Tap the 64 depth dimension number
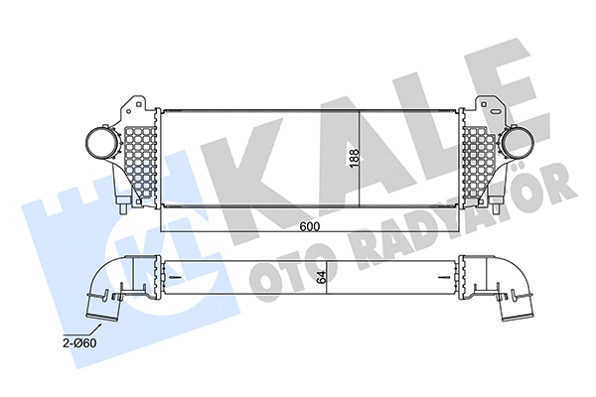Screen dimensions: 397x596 (x=321, y=278)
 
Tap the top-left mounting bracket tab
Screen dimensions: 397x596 (x=128, y=101)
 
